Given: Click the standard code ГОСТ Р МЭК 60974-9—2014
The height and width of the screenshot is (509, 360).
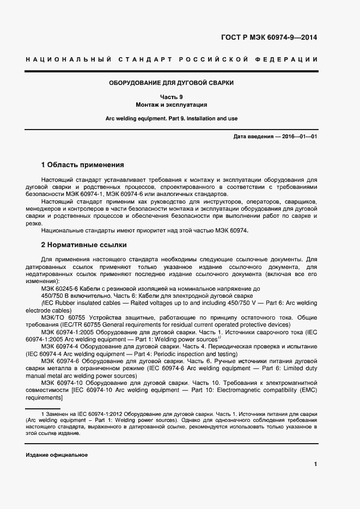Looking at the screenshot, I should pos(269,38).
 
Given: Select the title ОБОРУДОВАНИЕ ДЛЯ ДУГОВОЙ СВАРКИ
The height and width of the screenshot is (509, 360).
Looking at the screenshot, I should pos(172,83).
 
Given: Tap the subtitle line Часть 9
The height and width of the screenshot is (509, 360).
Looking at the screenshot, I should pos(172,96).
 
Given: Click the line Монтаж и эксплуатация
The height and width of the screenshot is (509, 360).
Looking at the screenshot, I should pos(172,104).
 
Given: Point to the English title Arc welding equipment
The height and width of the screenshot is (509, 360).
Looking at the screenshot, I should pos(133,118).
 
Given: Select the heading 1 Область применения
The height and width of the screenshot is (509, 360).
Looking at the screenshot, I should pos(83,164).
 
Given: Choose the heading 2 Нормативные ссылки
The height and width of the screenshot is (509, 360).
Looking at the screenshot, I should pos(84,245).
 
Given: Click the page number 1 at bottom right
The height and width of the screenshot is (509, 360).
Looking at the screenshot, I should pos(315,464).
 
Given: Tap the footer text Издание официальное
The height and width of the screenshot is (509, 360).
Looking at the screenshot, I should pos(57,455).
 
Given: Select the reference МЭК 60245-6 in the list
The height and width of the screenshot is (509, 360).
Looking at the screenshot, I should pos(60,289).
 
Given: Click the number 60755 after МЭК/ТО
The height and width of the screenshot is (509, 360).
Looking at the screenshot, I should pos(77,317).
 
